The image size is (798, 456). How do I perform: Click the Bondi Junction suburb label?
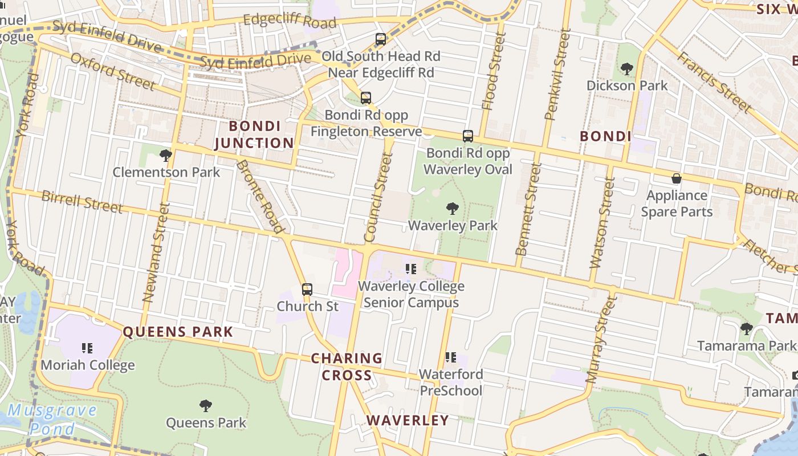point(254,135)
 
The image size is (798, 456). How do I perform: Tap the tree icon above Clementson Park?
point(166,155)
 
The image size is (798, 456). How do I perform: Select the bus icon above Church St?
point(307,290)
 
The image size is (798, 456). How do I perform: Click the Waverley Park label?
point(453,226)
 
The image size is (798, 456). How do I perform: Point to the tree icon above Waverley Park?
point(453,209)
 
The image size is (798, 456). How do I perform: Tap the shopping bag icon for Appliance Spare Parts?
point(676,179)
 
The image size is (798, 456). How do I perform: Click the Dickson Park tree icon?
point(627,70)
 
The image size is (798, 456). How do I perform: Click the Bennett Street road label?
point(528,209)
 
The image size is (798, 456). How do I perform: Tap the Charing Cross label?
point(347,367)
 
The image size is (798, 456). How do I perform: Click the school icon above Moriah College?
point(87,348)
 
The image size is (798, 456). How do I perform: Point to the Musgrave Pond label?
point(52,420)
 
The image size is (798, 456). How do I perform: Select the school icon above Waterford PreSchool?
point(450,357)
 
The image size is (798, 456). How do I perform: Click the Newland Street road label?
point(156,252)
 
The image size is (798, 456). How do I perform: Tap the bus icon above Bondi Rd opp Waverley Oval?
point(468,136)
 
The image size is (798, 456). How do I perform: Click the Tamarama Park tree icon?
point(746,329)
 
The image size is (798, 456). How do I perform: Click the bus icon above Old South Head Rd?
point(381,39)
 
